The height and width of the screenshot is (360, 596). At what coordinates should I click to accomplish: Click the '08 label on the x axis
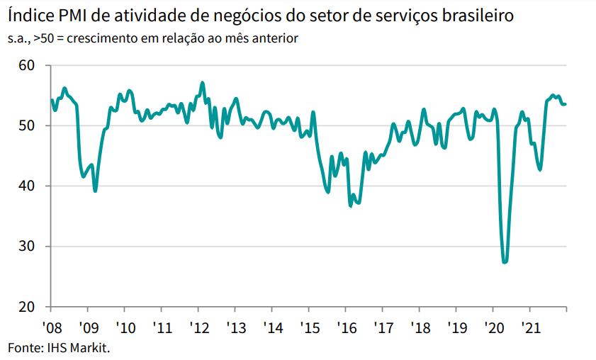[51, 328]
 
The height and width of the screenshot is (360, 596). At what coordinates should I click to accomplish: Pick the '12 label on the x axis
[199, 328]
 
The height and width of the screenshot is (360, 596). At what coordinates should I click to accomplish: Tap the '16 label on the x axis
[346, 328]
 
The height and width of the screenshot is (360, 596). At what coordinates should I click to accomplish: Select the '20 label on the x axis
[493, 328]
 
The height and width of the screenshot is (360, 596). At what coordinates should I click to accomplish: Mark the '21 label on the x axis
[530, 328]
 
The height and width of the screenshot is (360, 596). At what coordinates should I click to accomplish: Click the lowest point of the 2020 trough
[505, 262]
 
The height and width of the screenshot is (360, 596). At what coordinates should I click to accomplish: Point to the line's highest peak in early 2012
[203, 83]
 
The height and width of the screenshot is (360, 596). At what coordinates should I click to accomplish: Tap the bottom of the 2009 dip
[95, 191]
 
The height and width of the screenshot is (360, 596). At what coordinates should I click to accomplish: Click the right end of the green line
[566, 104]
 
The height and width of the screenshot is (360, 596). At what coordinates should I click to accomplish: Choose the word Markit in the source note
[91, 347]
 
